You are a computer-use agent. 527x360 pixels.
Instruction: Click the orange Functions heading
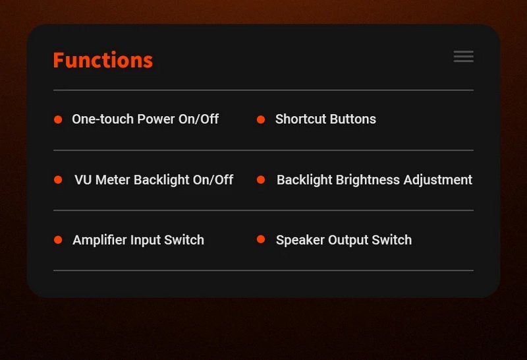click(x=103, y=60)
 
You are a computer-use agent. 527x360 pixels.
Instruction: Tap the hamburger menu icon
click(x=464, y=57)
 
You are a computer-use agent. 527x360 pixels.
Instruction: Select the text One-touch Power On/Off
click(x=145, y=119)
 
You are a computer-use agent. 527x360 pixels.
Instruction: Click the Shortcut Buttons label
click(x=325, y=119)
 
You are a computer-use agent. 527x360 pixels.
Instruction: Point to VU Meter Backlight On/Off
click(x=154, y=180)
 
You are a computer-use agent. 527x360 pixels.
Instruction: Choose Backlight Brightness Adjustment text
click(x=374, y=180)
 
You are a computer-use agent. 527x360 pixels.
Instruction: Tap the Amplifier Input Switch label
click(x=138, y=240)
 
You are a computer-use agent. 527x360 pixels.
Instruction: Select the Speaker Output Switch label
click(x=344, y=240)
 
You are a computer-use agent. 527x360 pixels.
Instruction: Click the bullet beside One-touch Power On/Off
click(x=58, y=119)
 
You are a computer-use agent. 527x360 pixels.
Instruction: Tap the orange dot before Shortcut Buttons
click(x=261, y=119)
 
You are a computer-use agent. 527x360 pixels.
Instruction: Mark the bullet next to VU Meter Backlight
click(x=58, y=179)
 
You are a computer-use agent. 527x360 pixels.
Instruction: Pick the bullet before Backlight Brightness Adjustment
click(x=261, y=179)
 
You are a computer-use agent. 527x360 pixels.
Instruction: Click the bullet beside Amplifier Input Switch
click(x=58, y=239)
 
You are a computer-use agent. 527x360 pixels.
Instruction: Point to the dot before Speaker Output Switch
click(x=261, y=239)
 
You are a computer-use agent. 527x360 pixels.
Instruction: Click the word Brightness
click(x=368, y=180)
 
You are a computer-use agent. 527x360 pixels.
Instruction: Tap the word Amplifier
click(x=99, y=240)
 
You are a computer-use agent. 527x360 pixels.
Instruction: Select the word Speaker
click(x=300, y=240)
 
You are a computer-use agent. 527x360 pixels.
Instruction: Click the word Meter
click(x=113, y=180)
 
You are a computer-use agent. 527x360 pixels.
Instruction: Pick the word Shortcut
click(x=301, y=119)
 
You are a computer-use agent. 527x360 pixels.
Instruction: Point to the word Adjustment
click(x=438, y=180)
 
